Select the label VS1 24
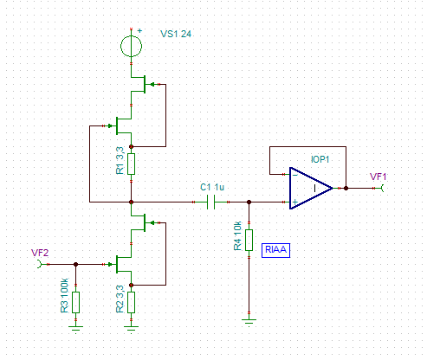176,34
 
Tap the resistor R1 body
131,164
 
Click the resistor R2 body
131,302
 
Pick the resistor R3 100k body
75,302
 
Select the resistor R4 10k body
249,240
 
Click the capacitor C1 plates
211,202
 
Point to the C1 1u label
212,187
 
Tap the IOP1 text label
320,159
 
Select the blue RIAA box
275,250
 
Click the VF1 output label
378,177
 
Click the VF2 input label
40,253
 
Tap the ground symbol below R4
249,321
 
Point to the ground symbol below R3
75,329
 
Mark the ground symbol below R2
131,329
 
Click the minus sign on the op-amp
294,175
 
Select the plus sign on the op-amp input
294,202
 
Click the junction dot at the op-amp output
346,188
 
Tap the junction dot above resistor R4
249,202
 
